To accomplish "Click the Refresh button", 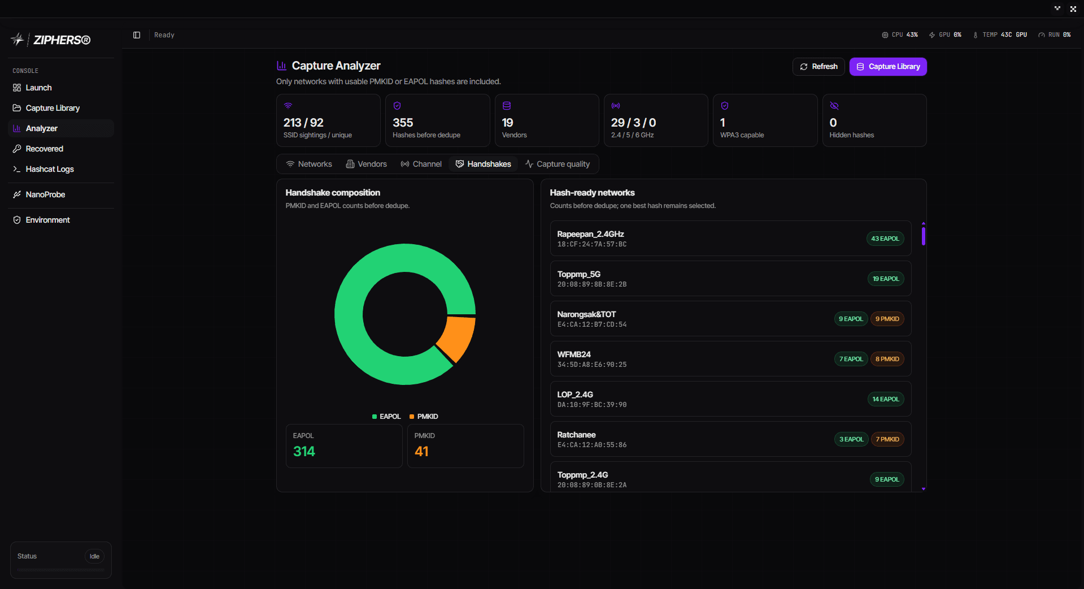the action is pyautogui.click(x=819, y=67).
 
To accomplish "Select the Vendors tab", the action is pyautogui.click(x=367, y=164).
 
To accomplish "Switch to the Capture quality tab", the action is pyautogui.click(x=558, y=164).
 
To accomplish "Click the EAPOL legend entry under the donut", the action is pyautogui.click(x=386, y=417).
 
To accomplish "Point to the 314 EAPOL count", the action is pyautogui.click(x=304, y=452).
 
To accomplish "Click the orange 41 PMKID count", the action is pyautogui.click(x=421, y=452).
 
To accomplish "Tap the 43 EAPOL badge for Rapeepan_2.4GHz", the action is pyautogui.click(x=885, y=239).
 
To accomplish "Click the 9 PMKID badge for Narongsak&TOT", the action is pyautogui.click(x=887, y=319).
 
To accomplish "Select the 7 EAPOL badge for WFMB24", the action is pyautogui.click(x=851, y=359).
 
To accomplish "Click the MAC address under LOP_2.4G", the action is pyautogui.click(x=592, y=405).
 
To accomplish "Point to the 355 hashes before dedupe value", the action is pyautogui.click(x=403, y=123).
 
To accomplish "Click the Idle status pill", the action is pyautogui.click(x=94, y=556).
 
